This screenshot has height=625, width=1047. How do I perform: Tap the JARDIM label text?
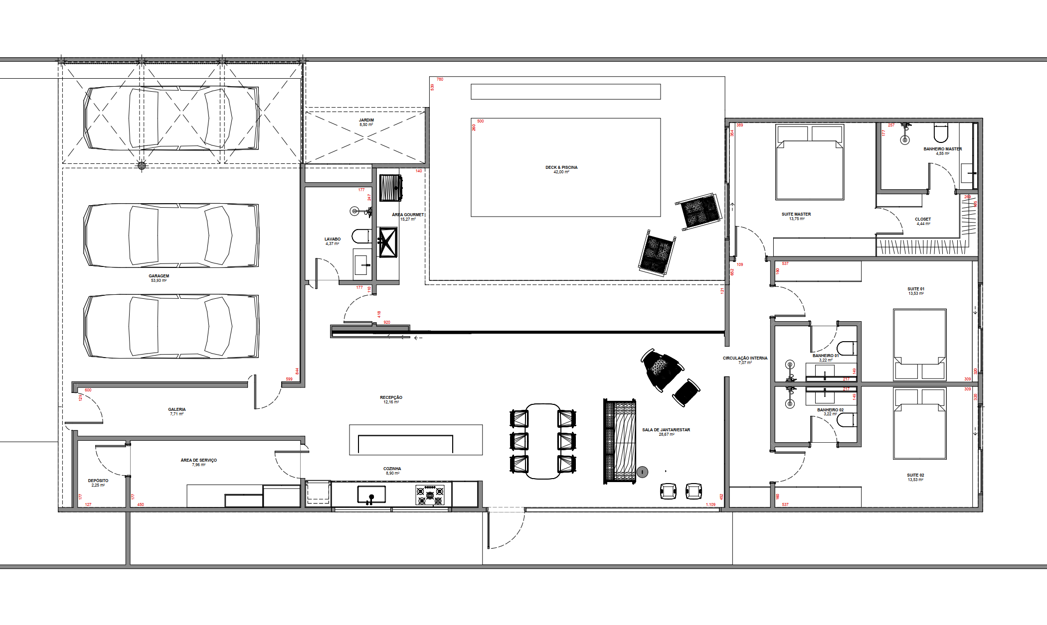tap(366, 121)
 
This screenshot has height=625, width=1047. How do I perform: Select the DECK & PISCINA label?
tap(561, 168)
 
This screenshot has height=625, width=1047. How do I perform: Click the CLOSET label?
tap(922, 220)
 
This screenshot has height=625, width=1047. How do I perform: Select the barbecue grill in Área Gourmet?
tap(390, 188)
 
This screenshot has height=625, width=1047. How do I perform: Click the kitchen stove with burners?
tap(429, 495)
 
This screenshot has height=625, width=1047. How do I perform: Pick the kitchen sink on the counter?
tap(371, 495)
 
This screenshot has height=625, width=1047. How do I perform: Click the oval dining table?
tap(542, 441)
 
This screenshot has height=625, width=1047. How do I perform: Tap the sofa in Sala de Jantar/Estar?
tap(620, 441)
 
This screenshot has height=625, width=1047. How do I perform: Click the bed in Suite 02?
tap(919, 424)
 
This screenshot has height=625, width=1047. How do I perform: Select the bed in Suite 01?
tap(919, 344)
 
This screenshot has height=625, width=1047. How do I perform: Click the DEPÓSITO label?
tap(98, 481)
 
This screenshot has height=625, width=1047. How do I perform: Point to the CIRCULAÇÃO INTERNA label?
tap(745, 359)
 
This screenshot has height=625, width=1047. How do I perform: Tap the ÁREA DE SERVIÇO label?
tap(198, 461)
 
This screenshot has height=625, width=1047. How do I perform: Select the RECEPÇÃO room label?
tap(391, 398)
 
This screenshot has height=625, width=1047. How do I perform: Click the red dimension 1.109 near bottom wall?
tap(710, 504)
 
